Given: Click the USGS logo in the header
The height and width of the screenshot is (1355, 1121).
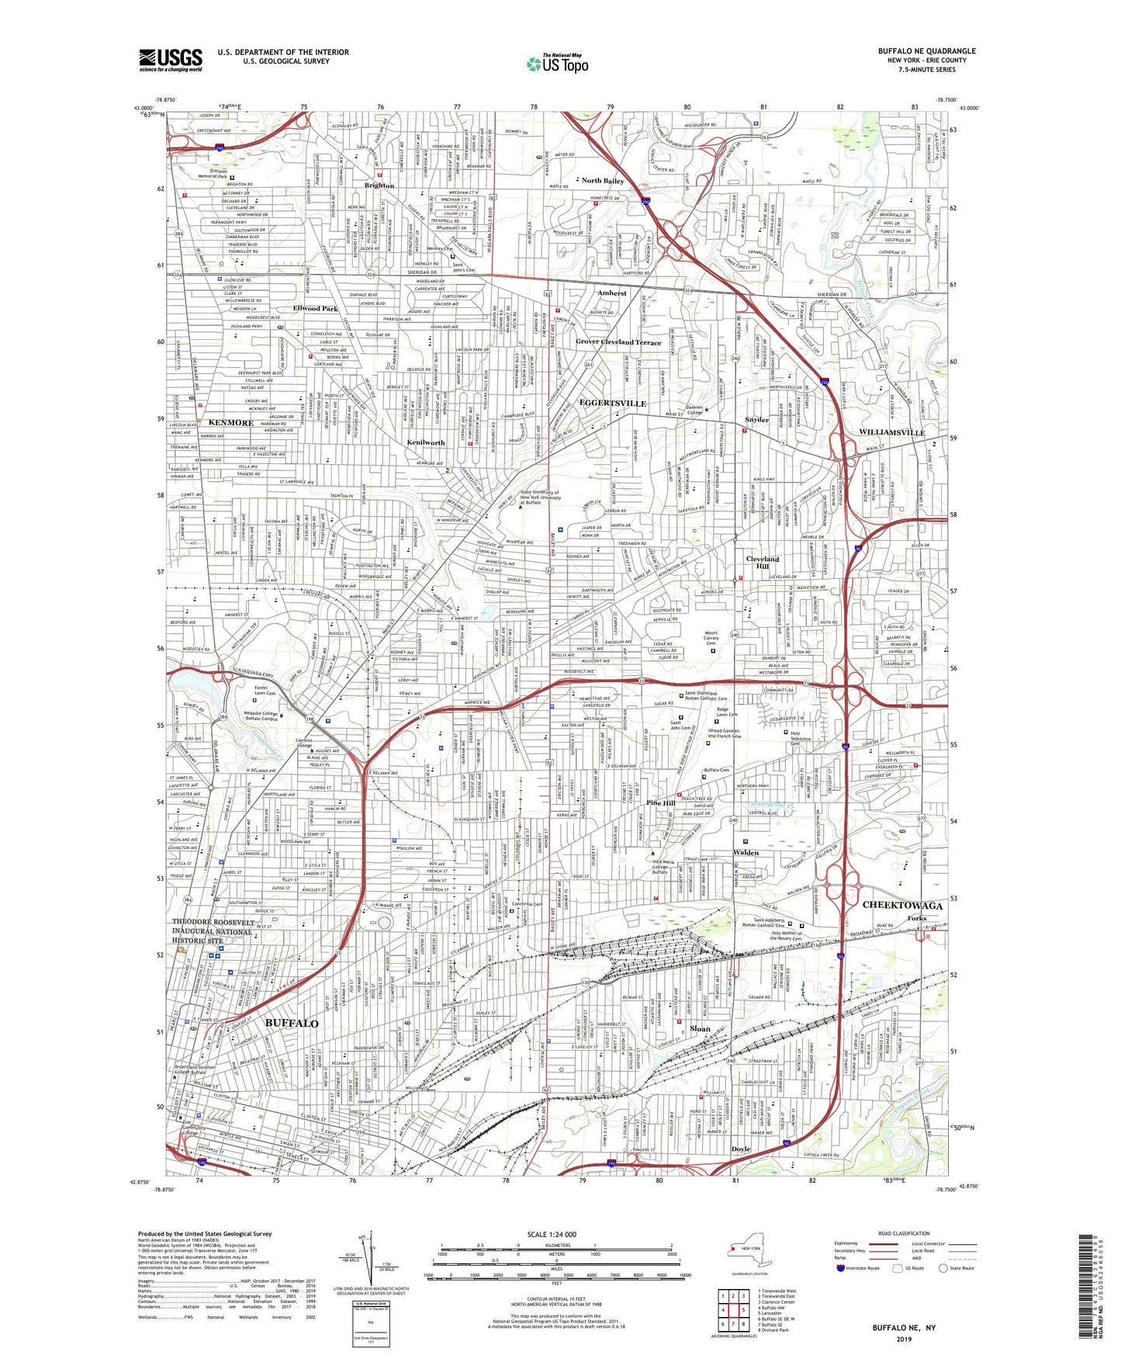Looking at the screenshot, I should pyautogui.click(x=171, y=60).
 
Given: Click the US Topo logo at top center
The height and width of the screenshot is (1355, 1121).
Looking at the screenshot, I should pyautogui.click(x=557, y=64).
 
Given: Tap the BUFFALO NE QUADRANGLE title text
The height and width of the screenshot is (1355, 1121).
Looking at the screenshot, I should pyautogui.click(x=926, y=51).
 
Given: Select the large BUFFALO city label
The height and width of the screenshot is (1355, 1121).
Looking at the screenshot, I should pyautogui.click(x=292, y=1023).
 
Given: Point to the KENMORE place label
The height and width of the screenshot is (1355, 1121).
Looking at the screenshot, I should pyautogui.click(x=230, y=423).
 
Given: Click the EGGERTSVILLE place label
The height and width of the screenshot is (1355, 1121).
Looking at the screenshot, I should pyautogui.click(x=612, y=404).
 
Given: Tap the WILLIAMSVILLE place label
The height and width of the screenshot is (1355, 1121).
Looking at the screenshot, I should pyautogui.click(x=891, y=432).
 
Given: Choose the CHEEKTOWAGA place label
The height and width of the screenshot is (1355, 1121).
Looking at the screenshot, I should pyautogui.click(x=902, y=906).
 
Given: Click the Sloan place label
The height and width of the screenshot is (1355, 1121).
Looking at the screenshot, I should pyautogui.click(x=700, y=1028).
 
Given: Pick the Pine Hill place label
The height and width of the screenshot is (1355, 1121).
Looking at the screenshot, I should pyautogui.click(x=661, y=803).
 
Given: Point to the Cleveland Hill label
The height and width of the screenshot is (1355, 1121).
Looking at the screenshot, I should pyautogui.click(x=762, y=563).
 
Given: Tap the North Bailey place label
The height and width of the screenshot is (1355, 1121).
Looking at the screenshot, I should pyautogui.click(x=603, y=181).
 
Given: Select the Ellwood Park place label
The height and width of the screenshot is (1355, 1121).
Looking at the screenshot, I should pyautogui.click(x=315, y=309).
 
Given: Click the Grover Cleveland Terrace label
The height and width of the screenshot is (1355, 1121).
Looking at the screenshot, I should pyautogui.click(x=618, y=342).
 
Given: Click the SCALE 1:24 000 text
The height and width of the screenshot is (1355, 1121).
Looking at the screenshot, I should pyautogui.click(x=551, y=1235).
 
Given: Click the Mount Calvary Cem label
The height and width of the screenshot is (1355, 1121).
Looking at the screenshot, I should pyautogui.click(x=721, y=637).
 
